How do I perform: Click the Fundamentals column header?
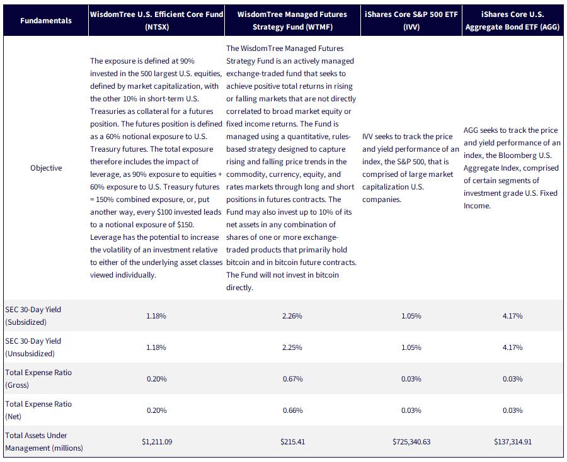click(46, 21)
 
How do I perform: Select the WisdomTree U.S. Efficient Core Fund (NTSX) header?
click(157, 21)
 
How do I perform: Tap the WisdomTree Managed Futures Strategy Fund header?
click(292, 21)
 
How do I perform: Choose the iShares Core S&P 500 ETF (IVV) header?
click(411, 21)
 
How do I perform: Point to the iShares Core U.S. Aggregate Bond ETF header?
click(512, 21)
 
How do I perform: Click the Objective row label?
click(46, 168)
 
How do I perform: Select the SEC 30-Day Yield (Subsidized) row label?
click(33, 316)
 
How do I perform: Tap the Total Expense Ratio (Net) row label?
click(38, 410)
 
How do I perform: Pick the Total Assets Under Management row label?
click(44, 441)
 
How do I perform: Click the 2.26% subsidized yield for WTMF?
click(292, 316)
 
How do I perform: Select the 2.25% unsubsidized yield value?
click(292, 347)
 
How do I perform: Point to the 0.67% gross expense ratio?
click(292, 378)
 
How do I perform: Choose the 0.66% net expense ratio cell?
click(292, 410)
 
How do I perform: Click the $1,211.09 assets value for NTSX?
click(157, 441)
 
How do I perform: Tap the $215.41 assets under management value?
click(292, 441)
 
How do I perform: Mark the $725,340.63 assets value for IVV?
click(411, 441)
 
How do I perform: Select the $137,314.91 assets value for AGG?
click(513, 441)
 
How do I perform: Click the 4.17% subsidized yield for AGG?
click(512, 316)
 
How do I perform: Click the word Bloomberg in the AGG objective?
click(517, 155)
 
